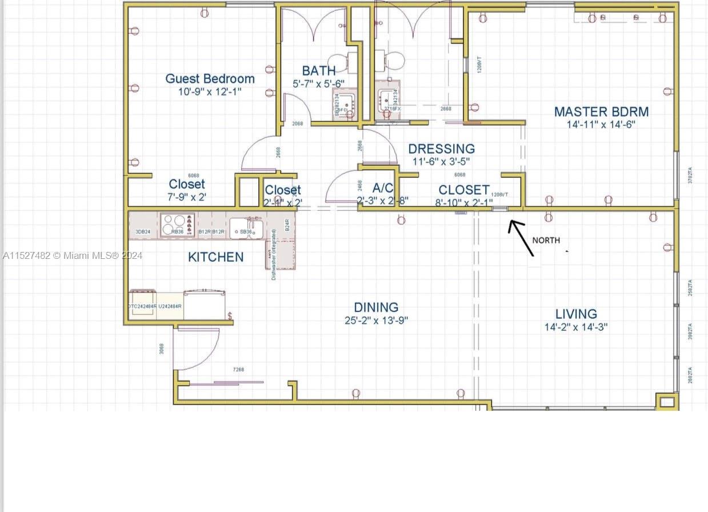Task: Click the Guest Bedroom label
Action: (210, 78)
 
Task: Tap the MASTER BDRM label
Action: (601, 111)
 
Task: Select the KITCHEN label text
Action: (215, 257)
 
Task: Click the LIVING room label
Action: (576, 314)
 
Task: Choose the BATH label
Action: (319, 71)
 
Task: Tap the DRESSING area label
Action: (441, 149)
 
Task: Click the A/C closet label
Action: (382, 188)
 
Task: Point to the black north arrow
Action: (522, 237)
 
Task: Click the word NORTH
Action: (546, 241)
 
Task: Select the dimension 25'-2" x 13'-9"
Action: (376, 321)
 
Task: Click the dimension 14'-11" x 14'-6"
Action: (601, 125)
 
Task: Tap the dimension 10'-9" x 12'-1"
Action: (209, 91)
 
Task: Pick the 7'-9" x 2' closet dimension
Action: (187, 197)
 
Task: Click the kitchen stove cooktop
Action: (177, 224)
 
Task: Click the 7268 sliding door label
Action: (238, 370)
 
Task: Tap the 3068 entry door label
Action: (162, 348)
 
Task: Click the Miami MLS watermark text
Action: (73, 255)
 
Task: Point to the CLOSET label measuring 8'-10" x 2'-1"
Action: (463, 189)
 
